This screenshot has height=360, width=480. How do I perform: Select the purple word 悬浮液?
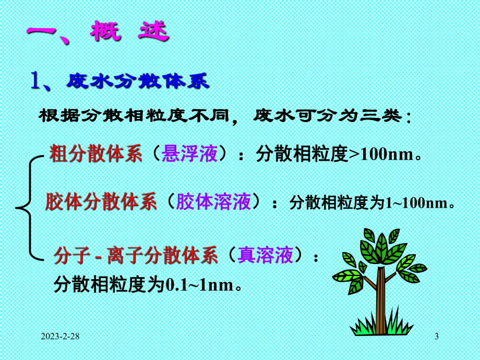(x=189, y=154)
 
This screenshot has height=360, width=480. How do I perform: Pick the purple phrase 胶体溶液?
(x=214, y=202)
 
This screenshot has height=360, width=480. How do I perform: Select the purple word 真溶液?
(x=264, y=256)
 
